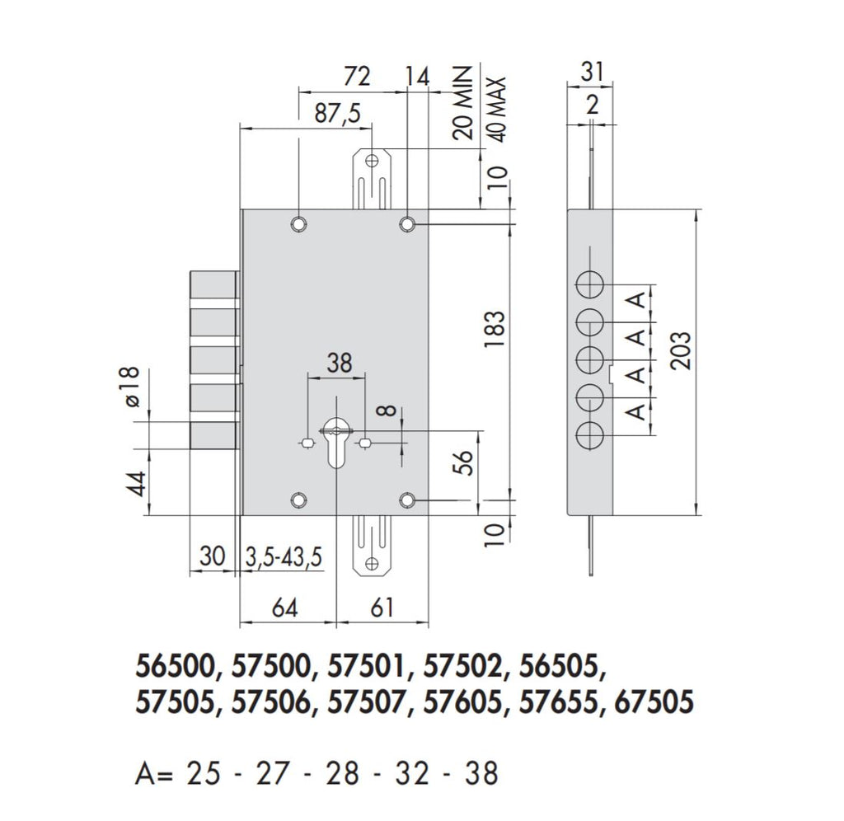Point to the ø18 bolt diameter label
[x=132, y=387]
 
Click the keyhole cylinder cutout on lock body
[x=335, y=441]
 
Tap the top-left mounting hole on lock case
[x=298, y=225]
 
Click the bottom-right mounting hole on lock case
[x=407, y=500]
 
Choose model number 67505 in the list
[x=654, y=703]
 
